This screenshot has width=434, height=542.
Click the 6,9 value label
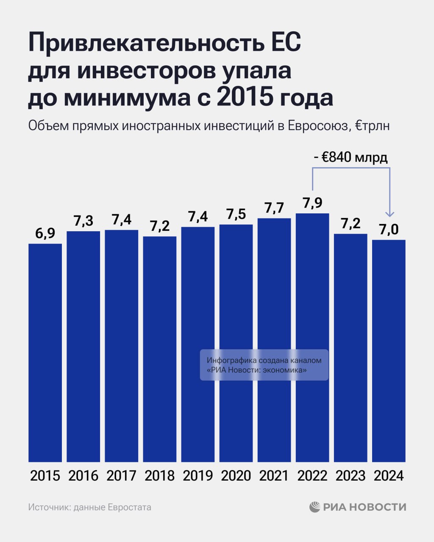pyautogui.click(x=45, y=233)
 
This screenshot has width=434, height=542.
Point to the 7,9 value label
pyautogui.click(x=312, y=203)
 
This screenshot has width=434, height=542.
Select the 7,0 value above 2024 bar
pyautogui.click(x=389, y=230)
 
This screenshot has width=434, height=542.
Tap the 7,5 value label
pyautogui.click(x=236, y=214)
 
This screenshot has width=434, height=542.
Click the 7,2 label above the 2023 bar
pyautogui.click(x=351, y=224)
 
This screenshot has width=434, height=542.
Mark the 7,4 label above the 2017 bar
pyautogui.click(x=122, y=220)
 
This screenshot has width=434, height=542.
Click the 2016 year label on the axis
pyautogui.click(x=83, y=476)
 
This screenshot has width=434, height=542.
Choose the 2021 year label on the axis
pyautogui.click(x=274, y=476)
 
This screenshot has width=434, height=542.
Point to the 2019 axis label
pyautogui.click(x=198, y=476)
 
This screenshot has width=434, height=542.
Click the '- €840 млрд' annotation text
pyautogui.click(x=351, y=158)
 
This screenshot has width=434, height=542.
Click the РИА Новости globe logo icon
pyautogui.click(x=315, y=507)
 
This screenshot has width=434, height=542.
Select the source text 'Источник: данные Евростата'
pyautogui.click(x=89, y=507)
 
